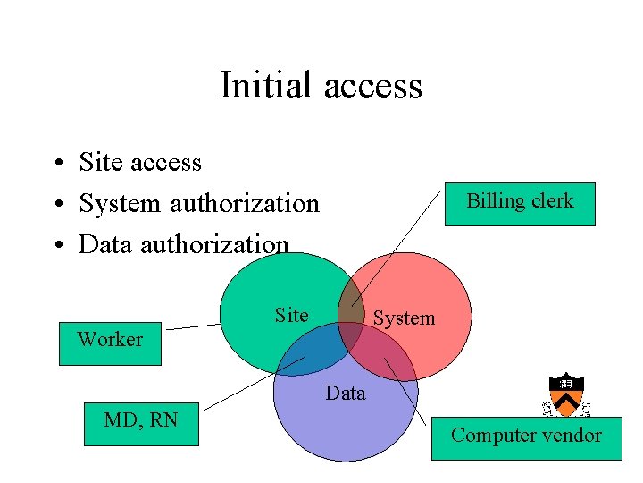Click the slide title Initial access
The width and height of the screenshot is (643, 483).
coord(321,86)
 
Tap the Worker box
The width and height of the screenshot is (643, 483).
coord(110,343)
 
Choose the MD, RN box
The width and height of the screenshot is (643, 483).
coord(140,423)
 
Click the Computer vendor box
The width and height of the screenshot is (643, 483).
coord(526,437)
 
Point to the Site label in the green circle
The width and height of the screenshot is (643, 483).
coord(291,315)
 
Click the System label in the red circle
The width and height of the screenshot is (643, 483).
coord(404,318)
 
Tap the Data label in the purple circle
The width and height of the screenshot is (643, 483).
coord(346,393)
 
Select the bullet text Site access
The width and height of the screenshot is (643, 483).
coord(140,163)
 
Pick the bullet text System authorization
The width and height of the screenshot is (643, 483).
coord(198,204)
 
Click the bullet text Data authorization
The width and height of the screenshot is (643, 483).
coord(183,244)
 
